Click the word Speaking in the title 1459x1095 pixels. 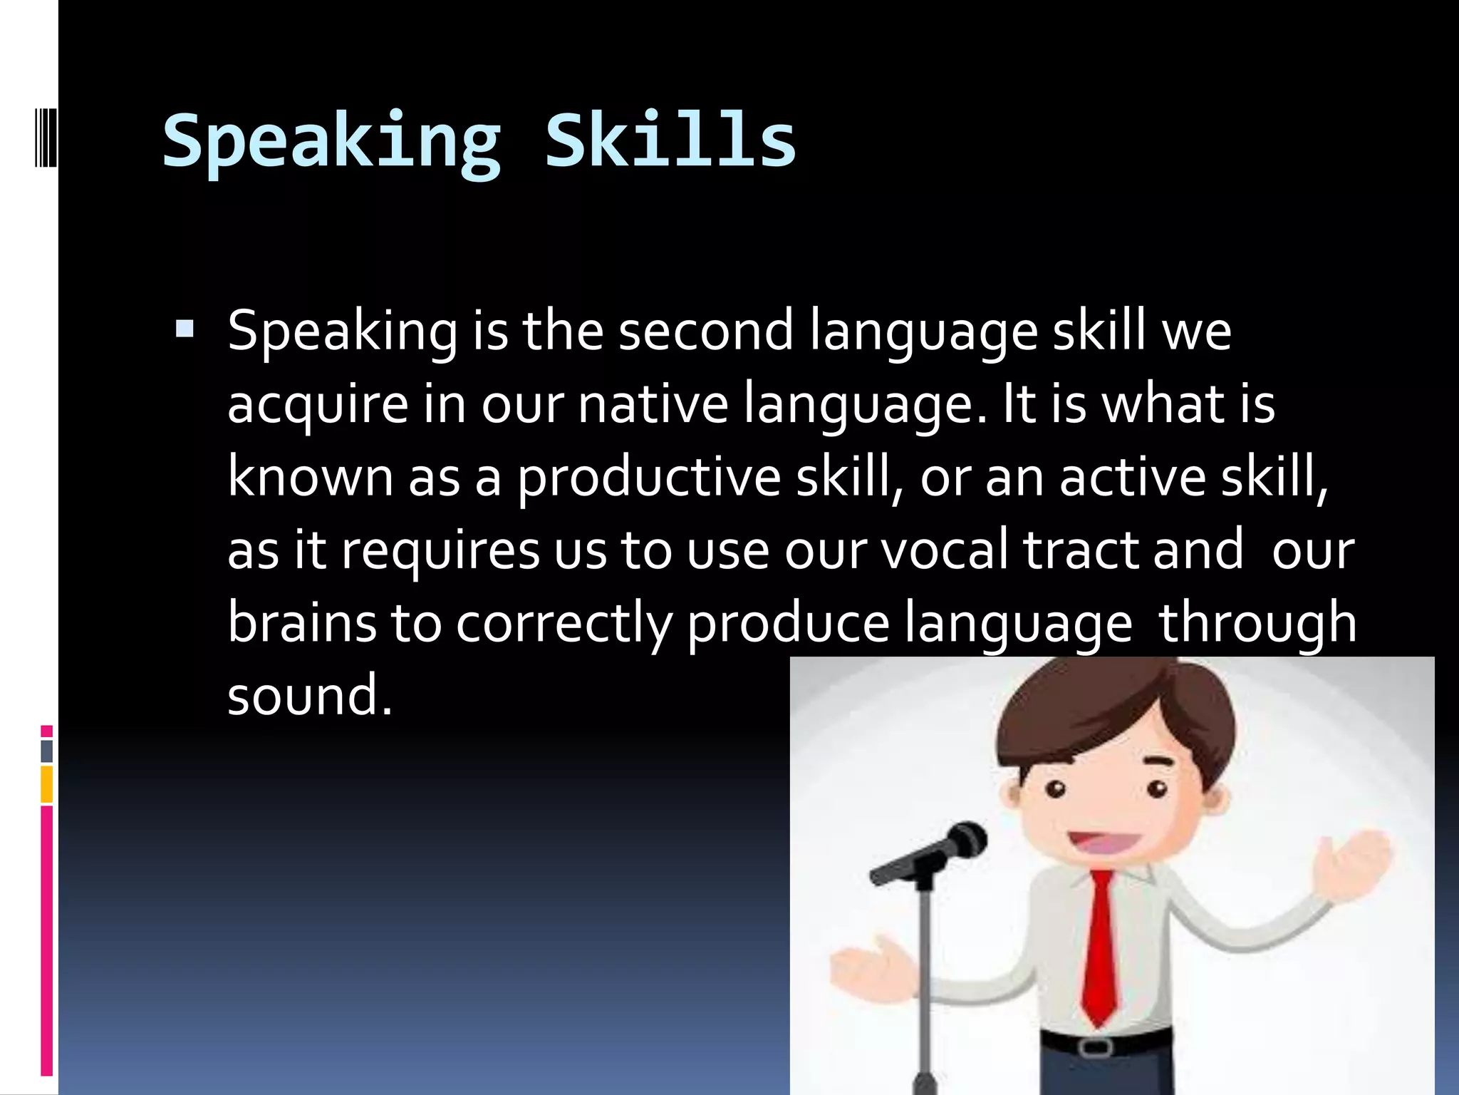(332, 142)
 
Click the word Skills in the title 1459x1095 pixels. (670, 142)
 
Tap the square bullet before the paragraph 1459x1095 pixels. (185, 329)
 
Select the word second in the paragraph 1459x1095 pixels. (705, 331)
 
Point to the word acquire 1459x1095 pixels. (318, 405)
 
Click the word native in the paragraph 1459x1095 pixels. (653, 403)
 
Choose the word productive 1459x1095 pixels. (649, 478)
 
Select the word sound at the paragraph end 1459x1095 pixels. (309, 696)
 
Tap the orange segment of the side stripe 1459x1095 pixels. (47, 784)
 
